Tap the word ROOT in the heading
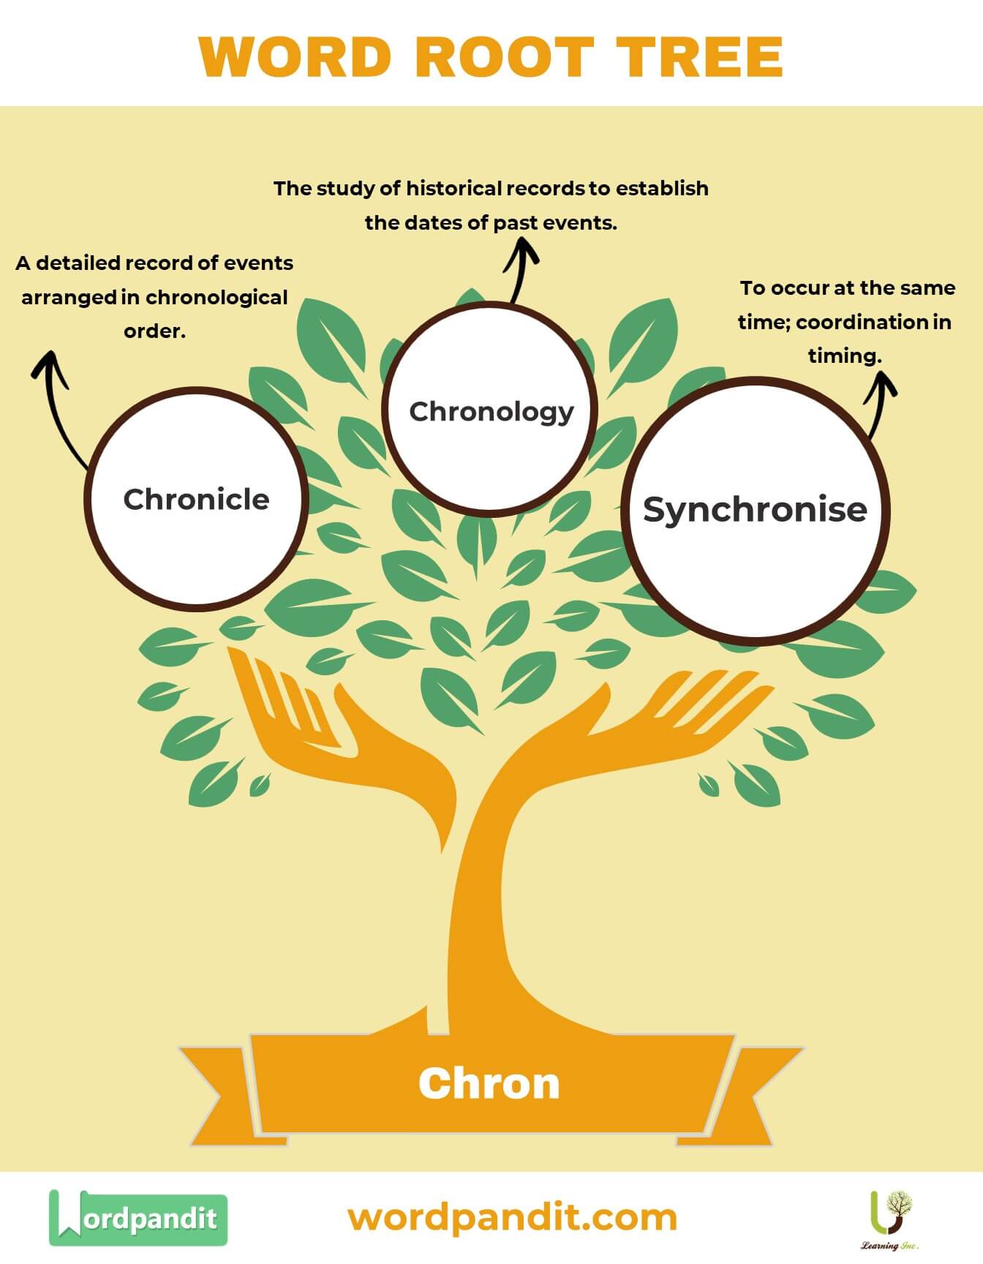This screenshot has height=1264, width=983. [x=504, y=57]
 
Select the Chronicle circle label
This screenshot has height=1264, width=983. [x=196, y=500]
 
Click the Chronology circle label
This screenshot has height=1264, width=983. [x=491, y=411]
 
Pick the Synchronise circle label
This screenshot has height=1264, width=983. [x=755, y=509]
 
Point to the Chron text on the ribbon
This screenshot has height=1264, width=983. [x=489, y=1083]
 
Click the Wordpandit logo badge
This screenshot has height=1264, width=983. [x=138, y=1218]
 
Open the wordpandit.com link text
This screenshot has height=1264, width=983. [x=512, y=1217]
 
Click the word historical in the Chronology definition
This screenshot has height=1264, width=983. [x=454, y=189]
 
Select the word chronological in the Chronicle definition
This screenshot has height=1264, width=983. [x=216, y=298]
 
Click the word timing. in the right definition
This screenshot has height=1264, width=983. [x=845, y=356]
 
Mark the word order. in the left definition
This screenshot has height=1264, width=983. [x=154, y=331]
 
